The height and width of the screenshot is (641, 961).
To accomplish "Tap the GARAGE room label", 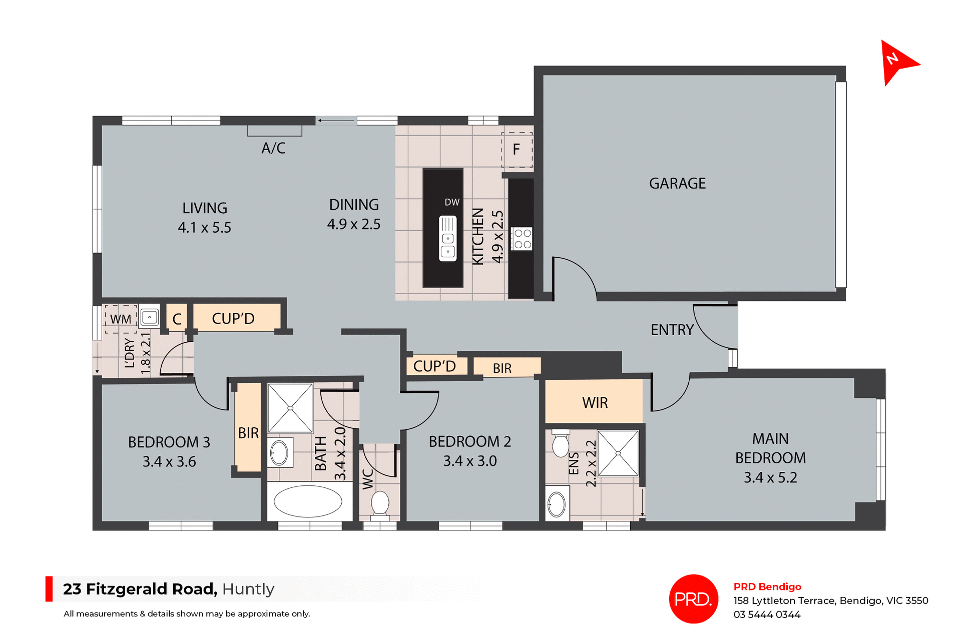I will (677, 184).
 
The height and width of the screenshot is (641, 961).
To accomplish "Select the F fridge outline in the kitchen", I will (517, 149).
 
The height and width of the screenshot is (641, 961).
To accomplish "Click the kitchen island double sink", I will (447, 239).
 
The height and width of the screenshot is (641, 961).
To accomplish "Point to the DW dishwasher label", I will (451, 202).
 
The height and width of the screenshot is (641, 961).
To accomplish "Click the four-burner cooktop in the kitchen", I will (522, 239).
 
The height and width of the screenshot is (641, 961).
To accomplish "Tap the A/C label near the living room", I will (273, 148).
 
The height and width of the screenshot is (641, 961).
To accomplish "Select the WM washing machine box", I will (121, 319).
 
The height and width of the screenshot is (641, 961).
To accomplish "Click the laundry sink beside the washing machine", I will (149, 317).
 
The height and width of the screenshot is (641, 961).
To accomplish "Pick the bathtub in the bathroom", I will (307, 501).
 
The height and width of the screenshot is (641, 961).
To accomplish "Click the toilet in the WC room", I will (380, 503).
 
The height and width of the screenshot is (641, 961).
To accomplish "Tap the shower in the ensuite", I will (618, 453).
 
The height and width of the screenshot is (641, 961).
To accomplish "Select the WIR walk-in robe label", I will (595, 403).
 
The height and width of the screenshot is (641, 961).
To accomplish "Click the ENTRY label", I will (672, 330).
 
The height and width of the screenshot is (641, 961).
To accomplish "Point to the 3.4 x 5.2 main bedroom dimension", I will (770, 478).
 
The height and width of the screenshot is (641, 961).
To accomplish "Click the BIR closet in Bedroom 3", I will (248, 433).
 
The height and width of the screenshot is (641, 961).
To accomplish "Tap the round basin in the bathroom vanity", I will (279, 453).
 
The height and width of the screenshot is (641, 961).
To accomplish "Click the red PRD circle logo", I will (693, 599).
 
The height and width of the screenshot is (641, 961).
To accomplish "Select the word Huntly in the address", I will (248, 589).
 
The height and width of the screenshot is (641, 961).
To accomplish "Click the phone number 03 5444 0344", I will (767, 614).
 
